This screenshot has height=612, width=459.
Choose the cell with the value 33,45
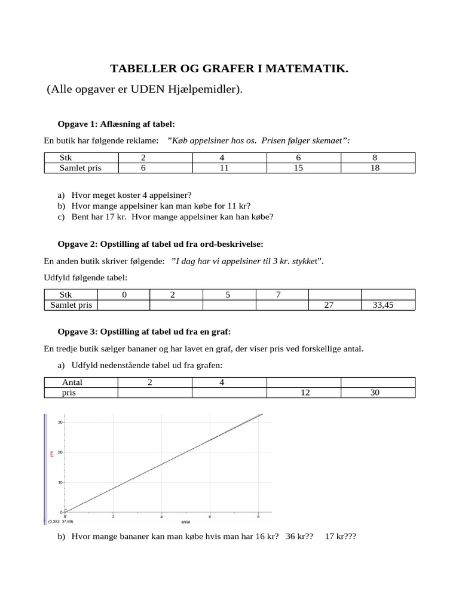[387, 305]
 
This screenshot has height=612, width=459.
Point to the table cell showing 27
[334, 305]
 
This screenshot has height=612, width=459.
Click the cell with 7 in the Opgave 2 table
[281, 295]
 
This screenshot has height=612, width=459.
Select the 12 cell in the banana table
[303, 393]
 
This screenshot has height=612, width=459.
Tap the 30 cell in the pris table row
[377, 393]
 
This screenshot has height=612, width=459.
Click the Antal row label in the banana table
[72, 382]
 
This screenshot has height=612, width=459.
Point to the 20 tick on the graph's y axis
[60, 452]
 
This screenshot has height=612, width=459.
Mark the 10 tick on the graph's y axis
[60, 482]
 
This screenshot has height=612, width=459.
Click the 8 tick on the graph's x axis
[258, 516]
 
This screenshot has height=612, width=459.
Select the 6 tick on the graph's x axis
[210, 516]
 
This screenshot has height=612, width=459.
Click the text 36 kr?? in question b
[299, 537]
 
